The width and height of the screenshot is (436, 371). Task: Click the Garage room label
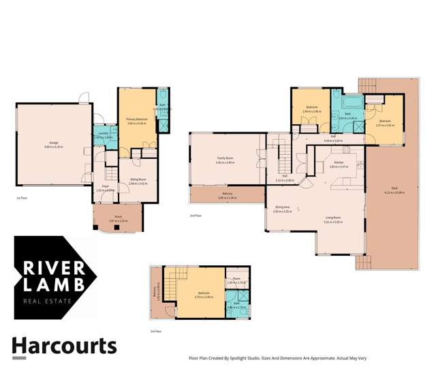point(52,144)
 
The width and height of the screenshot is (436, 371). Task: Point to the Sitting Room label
point(138,179)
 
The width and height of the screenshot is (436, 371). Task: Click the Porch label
point(119,218)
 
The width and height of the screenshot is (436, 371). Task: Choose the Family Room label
point(225,159)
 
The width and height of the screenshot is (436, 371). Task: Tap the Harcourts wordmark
point(64,346)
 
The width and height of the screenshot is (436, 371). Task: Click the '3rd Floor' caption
point(157,331)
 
